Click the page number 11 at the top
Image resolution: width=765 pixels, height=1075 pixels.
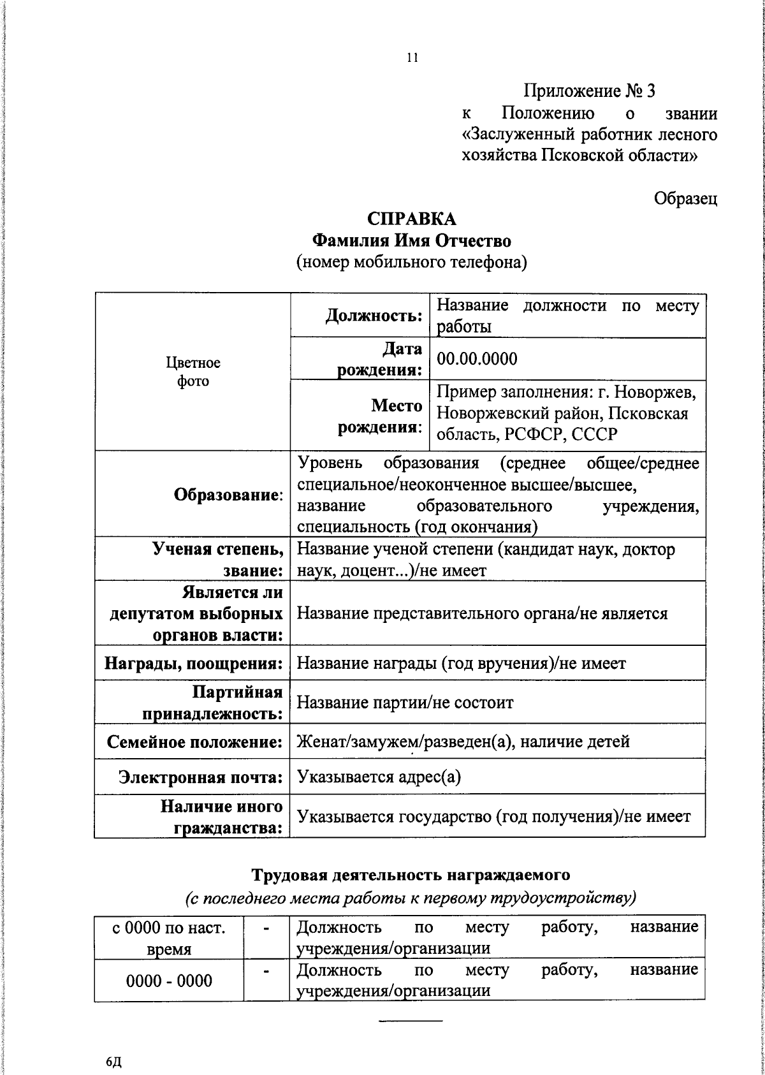[412, 58]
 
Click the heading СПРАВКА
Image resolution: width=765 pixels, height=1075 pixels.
[412, 219]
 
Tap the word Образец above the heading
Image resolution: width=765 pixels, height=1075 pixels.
[685, 198]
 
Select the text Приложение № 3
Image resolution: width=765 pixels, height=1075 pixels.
[589, 91]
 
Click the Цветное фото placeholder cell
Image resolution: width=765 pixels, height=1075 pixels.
[193, 372]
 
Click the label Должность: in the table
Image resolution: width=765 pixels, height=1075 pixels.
[374, 315]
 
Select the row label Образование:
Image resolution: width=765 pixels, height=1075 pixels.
[229, 495]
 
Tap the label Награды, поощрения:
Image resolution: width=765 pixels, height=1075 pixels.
[194, 663]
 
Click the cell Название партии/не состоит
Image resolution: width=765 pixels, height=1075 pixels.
[405, 703]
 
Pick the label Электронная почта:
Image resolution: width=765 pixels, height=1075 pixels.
[201, 777]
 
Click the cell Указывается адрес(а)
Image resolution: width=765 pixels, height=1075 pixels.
[379, 777]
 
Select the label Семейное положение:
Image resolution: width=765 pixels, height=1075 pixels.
[195, 742]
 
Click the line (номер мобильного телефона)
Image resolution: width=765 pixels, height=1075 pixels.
[412, 262]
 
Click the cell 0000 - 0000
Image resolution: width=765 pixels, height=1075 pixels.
[169, 981]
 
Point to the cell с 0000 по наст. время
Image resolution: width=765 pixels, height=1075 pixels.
[169, 937]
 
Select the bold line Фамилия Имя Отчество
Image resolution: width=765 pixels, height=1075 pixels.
[412, 241]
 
